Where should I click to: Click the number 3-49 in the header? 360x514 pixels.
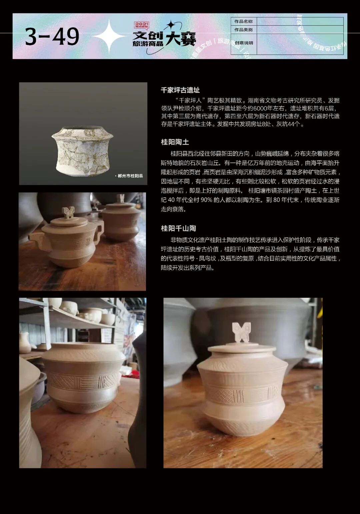[x=52, y=37]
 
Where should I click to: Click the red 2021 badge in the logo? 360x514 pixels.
[x=141, y=25]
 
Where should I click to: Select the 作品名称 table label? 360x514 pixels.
[x=243, y=21]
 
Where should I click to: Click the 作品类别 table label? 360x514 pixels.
[x=243, y=30]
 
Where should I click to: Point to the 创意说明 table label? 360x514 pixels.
[x=244, y=43]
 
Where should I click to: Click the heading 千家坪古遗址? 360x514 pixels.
[x=180, y=90]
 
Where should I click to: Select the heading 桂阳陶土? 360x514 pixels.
[x=175, y=142]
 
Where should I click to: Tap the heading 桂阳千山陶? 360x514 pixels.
[x=178, y=228]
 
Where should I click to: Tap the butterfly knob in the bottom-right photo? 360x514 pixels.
[x=241, y=332]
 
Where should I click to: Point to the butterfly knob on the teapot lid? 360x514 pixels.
[x=69, y=212]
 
